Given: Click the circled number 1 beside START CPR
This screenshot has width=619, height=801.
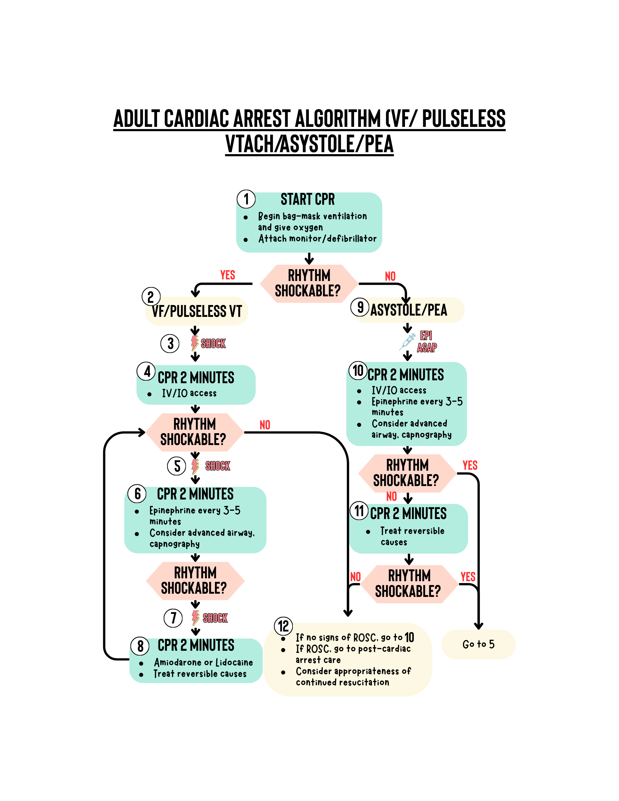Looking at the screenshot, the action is coord(246,199).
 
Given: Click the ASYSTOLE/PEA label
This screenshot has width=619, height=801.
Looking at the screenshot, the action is coord(409,310).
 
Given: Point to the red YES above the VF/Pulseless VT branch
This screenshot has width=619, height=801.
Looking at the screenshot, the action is coord(228,275).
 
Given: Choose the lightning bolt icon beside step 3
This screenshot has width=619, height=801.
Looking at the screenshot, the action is coord(195,343).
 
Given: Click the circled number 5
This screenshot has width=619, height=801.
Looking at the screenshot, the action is coord(177,466).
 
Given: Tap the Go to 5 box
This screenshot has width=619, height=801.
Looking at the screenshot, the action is coord(479,644).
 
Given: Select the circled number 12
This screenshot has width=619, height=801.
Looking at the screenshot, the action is coord(284,626).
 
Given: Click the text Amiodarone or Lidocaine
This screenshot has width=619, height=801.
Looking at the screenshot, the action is coord(203,662).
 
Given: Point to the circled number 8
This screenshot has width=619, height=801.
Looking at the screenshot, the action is coord(140,646).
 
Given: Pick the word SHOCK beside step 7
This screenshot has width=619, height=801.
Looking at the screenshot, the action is coord(215,618).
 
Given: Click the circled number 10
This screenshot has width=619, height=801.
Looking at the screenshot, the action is coord(358,370).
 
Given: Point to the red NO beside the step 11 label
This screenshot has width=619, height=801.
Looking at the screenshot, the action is coord(392,497).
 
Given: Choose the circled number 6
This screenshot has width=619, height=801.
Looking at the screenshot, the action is coord(137,494).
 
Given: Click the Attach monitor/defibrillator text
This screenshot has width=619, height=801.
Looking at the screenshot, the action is coord(318,239).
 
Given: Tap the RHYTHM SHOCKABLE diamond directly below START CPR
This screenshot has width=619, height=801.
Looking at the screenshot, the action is coord(309,284).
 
